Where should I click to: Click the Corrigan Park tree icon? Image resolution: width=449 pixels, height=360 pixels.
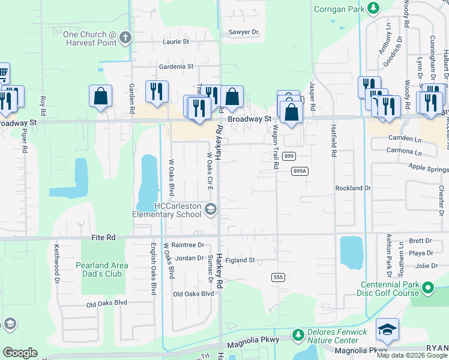coord(373,8)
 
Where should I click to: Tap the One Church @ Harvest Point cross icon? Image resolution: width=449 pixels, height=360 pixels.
coord(125,38)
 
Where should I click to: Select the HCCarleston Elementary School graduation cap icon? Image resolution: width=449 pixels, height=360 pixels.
coord(211,209)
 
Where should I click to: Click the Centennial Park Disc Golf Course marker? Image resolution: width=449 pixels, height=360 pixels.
coord(428,289)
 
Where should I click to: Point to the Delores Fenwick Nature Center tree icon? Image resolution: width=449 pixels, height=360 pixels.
coord(297,334)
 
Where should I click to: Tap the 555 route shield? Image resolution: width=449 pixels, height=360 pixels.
coord(277,277)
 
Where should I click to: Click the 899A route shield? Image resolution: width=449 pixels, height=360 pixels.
coord(300,171)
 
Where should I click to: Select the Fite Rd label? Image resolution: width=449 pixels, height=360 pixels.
coord(103,238)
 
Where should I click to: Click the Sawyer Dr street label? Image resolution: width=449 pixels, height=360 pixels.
coord(243,32)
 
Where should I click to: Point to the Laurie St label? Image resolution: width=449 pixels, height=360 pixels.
coord(176,42)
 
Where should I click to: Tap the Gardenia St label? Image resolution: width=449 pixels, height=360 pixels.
coord(176,67)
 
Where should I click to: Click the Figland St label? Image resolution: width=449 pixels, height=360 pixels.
coord(240,260)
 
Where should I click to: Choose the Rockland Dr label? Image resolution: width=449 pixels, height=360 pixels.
coord(353,188)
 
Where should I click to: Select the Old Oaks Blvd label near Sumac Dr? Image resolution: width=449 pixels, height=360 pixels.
coord(193,294)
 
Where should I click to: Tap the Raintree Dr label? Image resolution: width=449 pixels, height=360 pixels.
coord(188,245)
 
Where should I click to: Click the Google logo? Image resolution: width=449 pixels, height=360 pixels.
coord(20,353)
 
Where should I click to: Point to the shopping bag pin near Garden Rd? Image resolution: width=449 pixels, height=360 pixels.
coord(100,96)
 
